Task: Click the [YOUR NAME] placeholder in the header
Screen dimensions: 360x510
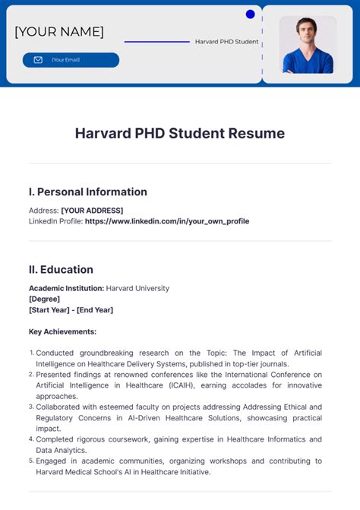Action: pos(59,32)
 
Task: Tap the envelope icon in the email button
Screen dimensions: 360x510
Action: pos(38,60)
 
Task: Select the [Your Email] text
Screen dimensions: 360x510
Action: pos(66,60)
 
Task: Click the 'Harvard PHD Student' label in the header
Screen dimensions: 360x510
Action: pos(226,42)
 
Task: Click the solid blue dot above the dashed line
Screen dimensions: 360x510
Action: pos(251,14)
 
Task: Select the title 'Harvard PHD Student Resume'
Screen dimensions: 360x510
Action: pos(180,134)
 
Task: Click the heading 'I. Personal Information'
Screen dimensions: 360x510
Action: pos(88,192)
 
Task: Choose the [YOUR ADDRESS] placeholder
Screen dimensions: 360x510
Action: pos(97,211)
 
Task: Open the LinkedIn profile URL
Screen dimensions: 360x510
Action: pos(167,221)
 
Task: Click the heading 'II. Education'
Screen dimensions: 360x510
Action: pos(61,269)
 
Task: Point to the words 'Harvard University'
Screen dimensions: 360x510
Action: pos(137,288)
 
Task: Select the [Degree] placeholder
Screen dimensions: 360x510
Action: pos(44,299)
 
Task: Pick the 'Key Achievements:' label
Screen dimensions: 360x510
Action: pos(62,331)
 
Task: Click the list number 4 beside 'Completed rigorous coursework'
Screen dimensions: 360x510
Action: pos(31,439)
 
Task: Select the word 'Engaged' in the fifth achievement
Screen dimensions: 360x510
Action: pos(53,461)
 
